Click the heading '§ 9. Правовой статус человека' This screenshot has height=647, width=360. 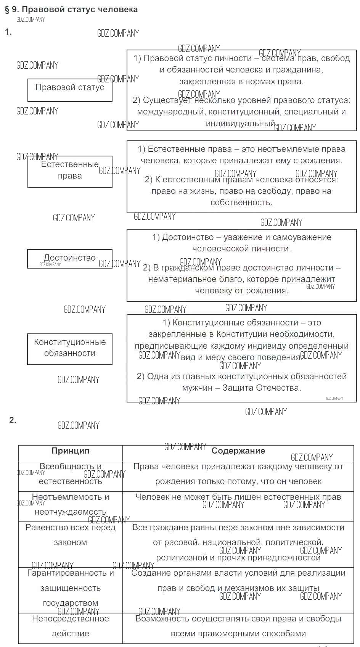(71, 9)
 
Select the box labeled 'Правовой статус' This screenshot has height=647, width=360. (70, 90)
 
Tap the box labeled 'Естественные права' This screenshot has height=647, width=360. (70, 171)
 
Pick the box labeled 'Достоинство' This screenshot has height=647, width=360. (70, 259)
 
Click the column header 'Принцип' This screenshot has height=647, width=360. (71, 451)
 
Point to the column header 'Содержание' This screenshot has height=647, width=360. (238, 451)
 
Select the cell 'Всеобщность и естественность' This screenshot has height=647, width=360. (71, 474)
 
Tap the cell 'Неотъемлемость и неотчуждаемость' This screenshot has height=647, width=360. (71, 505)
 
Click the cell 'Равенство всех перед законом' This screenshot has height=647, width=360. (71, 535)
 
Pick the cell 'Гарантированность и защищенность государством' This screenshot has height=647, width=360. (71, 588)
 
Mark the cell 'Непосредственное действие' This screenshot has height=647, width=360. (71, 626)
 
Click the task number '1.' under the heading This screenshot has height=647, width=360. (8, 32)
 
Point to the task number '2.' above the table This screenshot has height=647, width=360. (13, 420)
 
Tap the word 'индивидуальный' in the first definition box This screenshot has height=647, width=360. (240, 124)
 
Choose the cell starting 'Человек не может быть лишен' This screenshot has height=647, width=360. (238, 497)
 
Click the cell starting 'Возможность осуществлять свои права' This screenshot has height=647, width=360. (238, 626)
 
